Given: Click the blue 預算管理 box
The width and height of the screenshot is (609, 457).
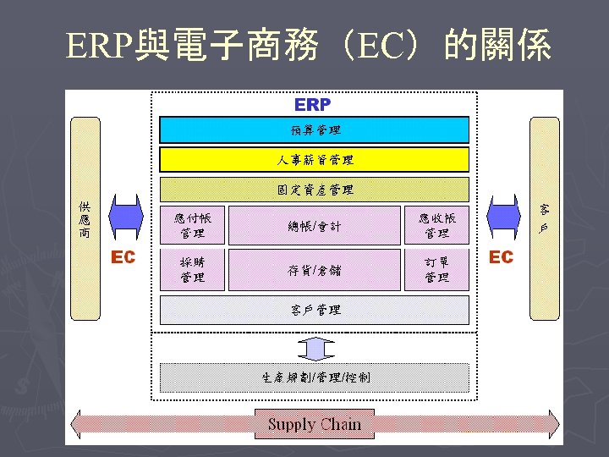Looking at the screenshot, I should click(314, 129).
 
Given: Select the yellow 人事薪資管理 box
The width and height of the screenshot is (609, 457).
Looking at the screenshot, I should click(314, 159).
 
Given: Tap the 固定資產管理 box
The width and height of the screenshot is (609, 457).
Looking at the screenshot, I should click(314, 190).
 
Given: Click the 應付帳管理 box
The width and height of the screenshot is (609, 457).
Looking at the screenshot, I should click(193, 225).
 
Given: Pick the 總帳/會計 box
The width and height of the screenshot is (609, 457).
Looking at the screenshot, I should click(314, 226).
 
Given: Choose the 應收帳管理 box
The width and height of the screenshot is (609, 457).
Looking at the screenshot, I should click(436, 225).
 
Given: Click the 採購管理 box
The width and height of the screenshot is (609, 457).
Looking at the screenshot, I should click(193, 270).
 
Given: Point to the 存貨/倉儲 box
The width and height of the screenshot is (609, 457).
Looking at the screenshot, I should click(314, 270).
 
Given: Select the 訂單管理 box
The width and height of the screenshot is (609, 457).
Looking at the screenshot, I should click(436, 270).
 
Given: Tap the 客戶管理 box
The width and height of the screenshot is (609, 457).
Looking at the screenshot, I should click(314, 310).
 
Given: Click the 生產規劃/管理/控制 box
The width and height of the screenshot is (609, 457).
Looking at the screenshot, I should click(314, 377).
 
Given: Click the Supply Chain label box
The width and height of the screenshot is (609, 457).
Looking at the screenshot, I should click(314, 424).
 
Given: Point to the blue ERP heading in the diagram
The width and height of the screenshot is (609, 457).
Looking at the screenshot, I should click(313, 105).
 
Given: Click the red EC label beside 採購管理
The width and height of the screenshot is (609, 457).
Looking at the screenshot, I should click(123, 257).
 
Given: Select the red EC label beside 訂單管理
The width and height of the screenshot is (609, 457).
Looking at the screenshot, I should click(501, 257).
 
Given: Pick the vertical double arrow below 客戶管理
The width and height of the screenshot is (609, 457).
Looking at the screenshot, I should click(315, 347).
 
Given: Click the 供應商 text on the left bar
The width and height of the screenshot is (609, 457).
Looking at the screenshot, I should click(85, 219).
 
